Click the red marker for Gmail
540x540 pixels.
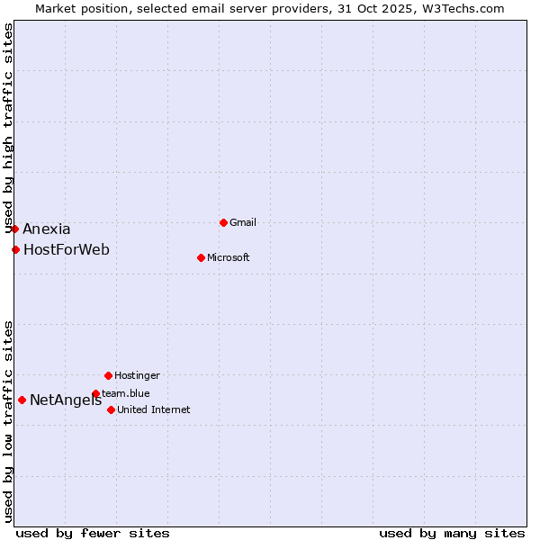(223, 222)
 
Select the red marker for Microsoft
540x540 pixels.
(201, 257)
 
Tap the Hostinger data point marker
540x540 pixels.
(108, 375)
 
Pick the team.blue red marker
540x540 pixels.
(95, 393)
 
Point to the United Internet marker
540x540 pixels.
(111, 409)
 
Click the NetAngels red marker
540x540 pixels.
(22, 400)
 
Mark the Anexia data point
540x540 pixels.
(14, 229)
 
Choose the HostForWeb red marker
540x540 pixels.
(15, 249)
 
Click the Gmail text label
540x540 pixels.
(243, 222)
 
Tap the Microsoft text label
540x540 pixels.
(229, 257)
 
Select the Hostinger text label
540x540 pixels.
(137, 375)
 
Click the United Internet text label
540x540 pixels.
(154, 409)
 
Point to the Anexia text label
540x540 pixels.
(47, 229)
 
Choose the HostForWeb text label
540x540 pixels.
(67, 249)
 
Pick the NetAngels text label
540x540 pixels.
(66, 400)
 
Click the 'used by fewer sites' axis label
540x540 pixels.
(93, 533)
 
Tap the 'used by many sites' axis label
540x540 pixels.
(452, 533)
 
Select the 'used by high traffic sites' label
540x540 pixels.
(8, 129)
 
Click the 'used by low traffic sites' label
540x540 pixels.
(8, 421)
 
